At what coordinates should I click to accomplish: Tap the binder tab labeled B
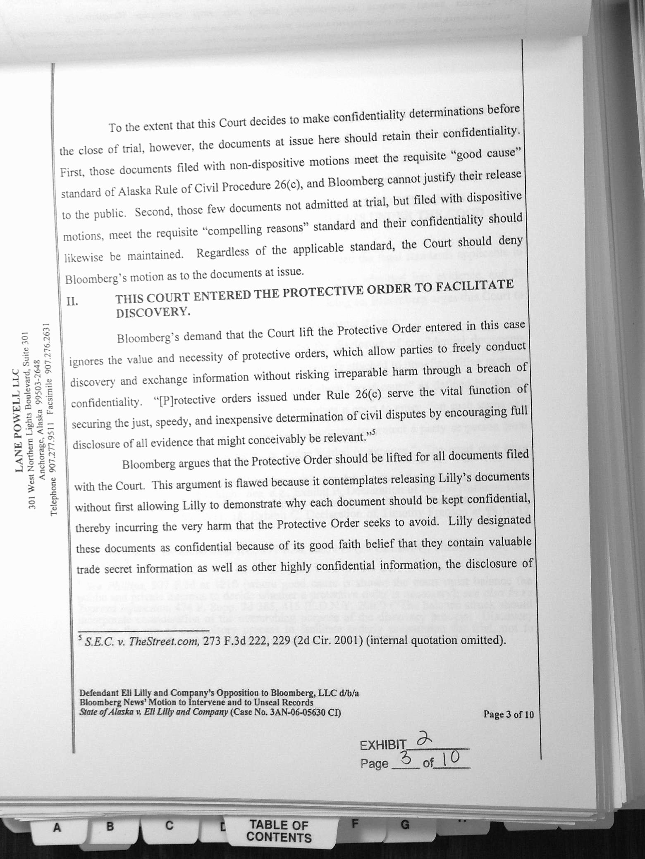110,826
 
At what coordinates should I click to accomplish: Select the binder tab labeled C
169,826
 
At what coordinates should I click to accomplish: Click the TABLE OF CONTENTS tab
279,831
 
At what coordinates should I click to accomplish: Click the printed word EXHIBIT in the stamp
383,745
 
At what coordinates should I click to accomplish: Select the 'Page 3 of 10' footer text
509,714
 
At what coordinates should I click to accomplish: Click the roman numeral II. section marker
72,301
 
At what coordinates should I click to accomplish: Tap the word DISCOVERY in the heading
153,312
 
